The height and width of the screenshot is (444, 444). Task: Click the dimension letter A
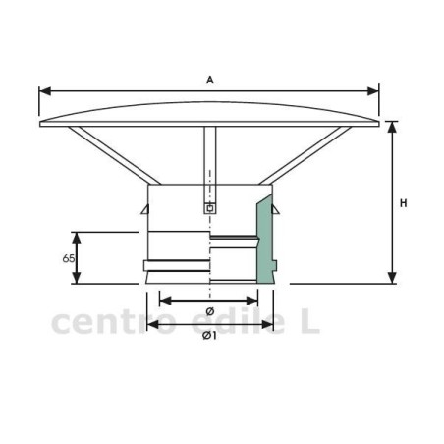click(210, 80)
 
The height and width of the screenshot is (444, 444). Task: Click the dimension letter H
click(404, 203)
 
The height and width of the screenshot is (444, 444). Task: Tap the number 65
click(68, 258)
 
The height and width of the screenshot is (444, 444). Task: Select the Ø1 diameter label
click(209, 336)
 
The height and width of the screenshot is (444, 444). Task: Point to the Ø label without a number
click(210, 311)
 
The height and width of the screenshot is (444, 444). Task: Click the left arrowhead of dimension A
click(45, 91)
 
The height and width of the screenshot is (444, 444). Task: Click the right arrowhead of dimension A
click(373, 91)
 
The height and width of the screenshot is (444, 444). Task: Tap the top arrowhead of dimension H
click(392, 127)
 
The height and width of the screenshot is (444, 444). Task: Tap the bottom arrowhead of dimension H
click(392, 278)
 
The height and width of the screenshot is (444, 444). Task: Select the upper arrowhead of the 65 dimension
click(77, 238)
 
